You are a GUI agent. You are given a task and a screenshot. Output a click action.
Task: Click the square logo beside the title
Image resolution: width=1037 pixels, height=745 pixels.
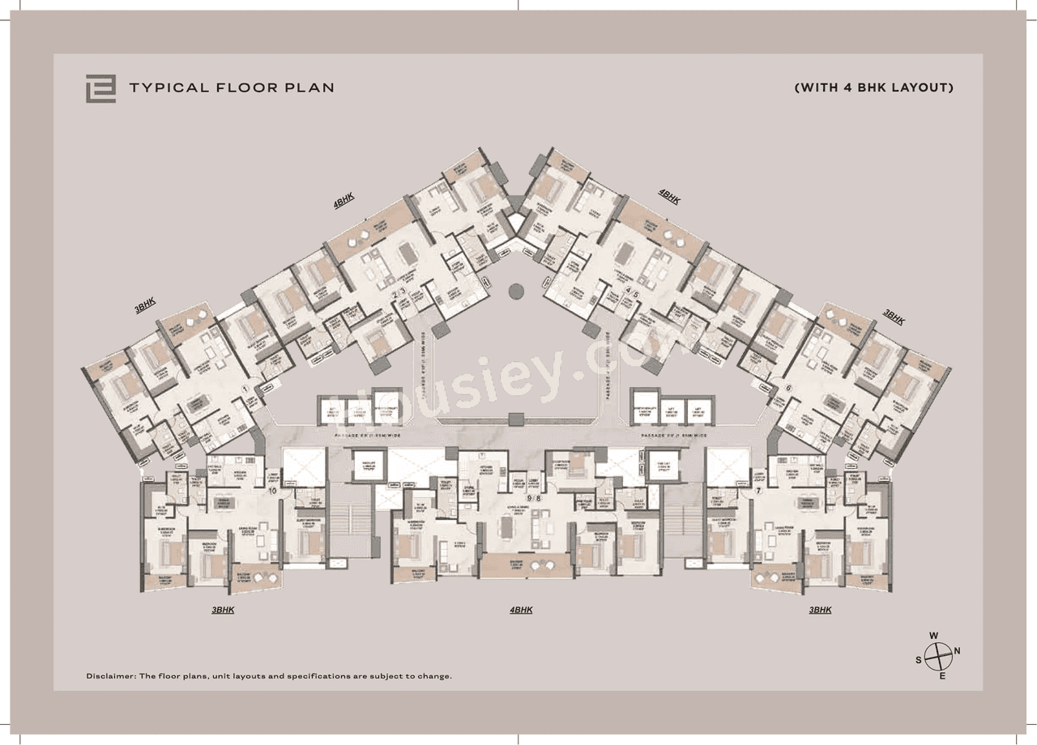[x=100, y=88]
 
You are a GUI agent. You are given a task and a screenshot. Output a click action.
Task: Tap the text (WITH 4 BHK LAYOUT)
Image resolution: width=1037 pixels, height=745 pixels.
[x=873, y=87]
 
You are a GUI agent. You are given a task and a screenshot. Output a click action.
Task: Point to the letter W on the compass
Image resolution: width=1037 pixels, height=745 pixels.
[x=934, y=636]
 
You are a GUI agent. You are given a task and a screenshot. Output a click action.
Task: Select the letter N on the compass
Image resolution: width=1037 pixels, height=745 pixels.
[x=957, y=651]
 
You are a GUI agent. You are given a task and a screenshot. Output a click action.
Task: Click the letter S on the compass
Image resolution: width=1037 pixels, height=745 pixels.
[x=919, y=660]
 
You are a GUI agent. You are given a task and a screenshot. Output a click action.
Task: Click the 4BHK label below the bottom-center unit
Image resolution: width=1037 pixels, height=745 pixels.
[x=521, y=610]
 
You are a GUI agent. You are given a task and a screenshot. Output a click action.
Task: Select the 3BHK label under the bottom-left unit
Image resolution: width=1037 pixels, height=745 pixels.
[x=223, y=610]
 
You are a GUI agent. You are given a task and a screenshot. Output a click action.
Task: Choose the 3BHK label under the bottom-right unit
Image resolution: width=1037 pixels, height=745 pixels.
[x=820, y=610]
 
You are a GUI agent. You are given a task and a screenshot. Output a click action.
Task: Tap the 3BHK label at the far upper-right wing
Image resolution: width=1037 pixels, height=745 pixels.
[x=894, y=317]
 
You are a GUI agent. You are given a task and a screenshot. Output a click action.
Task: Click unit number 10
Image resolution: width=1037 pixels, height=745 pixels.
[x=272, y=490]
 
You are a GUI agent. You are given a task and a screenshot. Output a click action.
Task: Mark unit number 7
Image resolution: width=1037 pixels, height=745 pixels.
[x=758, y=490]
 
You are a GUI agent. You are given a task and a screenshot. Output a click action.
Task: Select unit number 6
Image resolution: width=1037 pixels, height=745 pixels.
[x=788, y=388]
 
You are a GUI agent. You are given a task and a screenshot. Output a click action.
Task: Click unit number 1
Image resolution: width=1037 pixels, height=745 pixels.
[x=244, y=389]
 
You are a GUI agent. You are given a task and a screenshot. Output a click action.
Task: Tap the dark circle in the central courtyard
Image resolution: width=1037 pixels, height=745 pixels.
[x=516, y=290]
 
